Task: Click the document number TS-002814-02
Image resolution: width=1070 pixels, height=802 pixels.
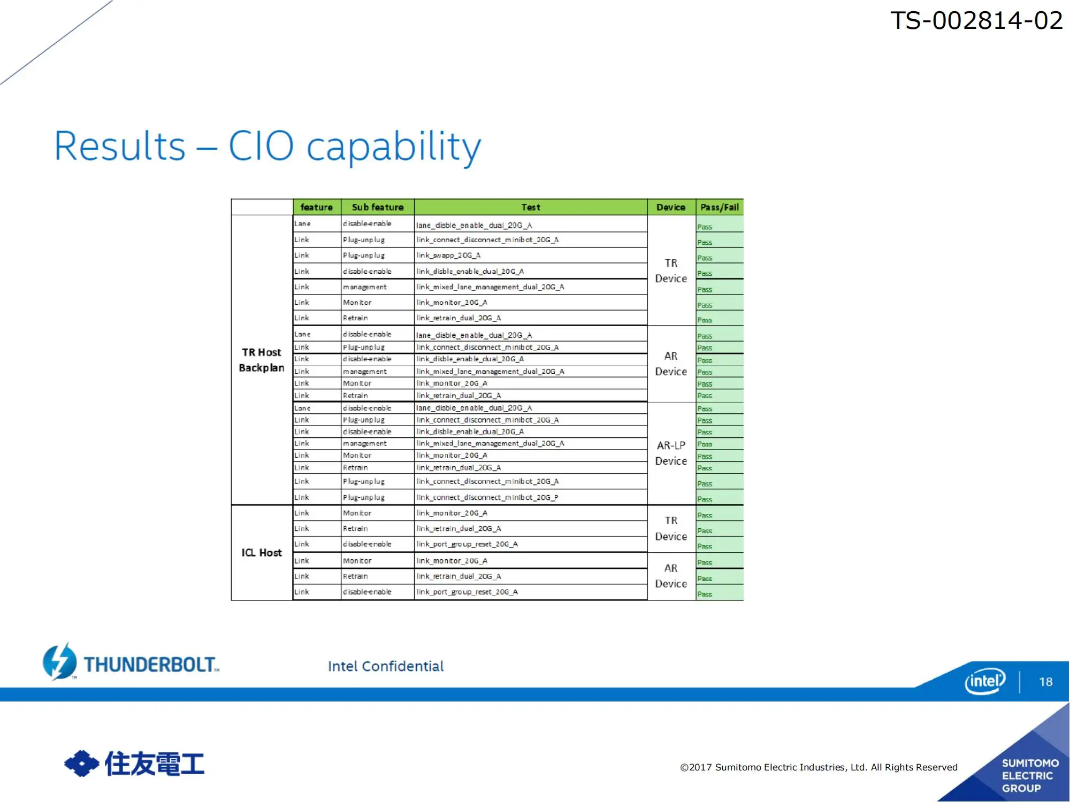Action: pos(976,21)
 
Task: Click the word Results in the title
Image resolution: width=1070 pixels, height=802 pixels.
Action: pos(120,146)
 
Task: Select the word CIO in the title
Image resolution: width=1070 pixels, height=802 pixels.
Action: pos(261,146)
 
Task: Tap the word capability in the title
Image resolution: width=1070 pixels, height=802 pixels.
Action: pos(394,148)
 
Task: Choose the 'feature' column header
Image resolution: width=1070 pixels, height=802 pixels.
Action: pos(317,207)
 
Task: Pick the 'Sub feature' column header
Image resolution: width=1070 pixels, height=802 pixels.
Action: pos(378,207)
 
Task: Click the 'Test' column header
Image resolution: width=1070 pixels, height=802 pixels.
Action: pos(531,207)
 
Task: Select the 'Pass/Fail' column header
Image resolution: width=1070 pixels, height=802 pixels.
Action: pos(720,207)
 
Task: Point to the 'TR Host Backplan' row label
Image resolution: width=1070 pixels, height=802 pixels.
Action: pos(262,360)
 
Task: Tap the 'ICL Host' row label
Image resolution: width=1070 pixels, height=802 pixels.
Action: pos(262,552)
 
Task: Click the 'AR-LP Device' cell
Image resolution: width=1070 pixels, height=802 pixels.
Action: pos(671,453)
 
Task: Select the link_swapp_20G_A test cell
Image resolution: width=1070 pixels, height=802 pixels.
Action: pos(448,256)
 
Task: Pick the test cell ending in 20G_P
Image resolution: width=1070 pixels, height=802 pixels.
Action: pos(487,497)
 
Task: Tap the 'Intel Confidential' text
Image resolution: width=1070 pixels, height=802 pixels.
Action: pos(386,666)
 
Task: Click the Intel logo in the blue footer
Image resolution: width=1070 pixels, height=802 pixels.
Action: pos(985,681)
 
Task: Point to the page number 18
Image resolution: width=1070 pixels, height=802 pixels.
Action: pos(1046,682)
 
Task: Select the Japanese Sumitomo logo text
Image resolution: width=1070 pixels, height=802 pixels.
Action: pos(155,764)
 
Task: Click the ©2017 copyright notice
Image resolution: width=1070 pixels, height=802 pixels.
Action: pos(819,767)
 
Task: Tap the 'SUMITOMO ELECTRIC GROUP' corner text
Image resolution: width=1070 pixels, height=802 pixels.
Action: pos(1030,775)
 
